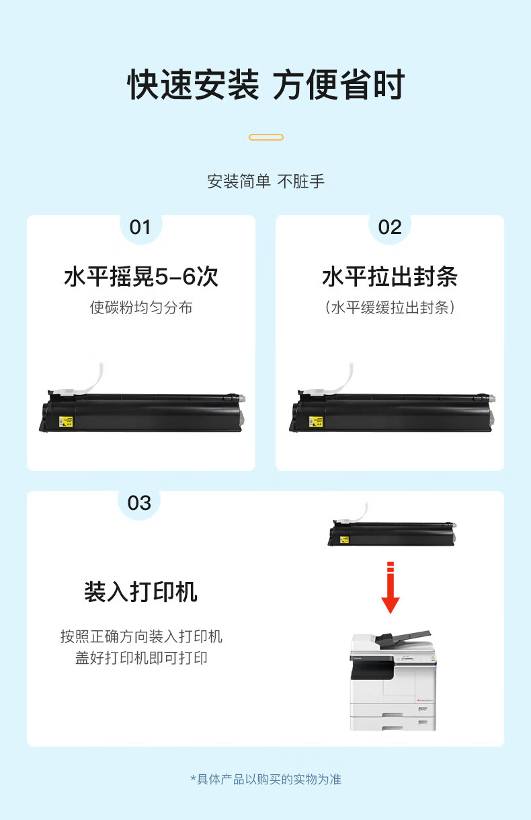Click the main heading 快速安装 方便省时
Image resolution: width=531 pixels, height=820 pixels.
[266, 85]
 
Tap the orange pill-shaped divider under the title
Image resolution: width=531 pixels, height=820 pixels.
[266, 137]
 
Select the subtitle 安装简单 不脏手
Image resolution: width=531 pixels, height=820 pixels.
[266, 182]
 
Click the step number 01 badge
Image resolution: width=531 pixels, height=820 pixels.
[140, 227]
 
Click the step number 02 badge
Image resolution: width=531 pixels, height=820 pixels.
[390, 227]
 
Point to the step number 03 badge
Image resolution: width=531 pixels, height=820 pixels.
[139, 503]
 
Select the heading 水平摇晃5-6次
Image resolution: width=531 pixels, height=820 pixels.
[141, 276]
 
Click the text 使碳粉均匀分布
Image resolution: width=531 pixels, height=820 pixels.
[141, 307]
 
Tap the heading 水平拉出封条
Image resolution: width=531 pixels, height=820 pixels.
[390, 276]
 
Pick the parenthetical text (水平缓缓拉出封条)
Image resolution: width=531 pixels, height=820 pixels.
[390, 307]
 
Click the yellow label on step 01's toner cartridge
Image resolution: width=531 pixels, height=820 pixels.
[66, 422]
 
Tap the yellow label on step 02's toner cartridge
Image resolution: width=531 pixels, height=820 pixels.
[316, 422]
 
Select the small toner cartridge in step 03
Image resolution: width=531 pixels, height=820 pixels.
[392, 533]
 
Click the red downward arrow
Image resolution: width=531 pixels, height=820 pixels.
[391, 587]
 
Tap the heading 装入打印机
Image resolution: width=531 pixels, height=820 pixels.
[140, 592]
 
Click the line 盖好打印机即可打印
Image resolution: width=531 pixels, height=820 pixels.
[141, 658]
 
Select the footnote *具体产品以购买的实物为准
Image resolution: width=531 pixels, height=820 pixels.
[266, 780]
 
